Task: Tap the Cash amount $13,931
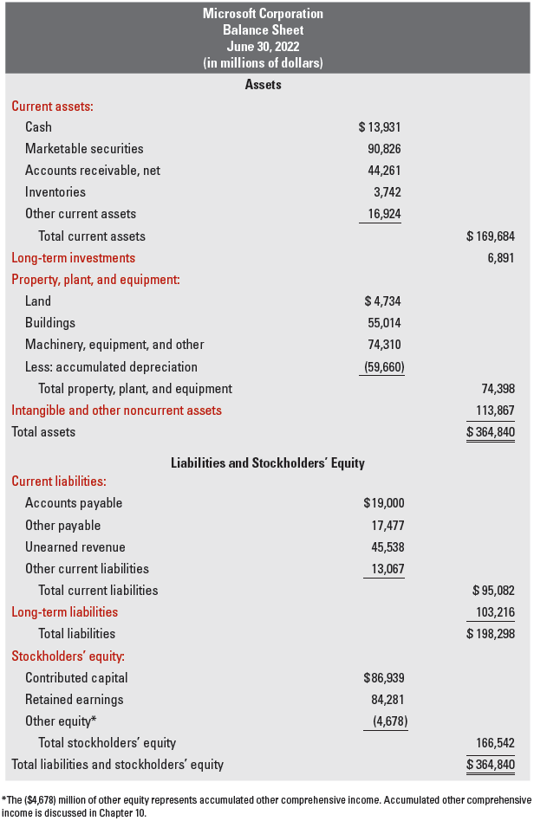[379, 127]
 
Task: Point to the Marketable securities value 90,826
[384, 149]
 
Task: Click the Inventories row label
[55, 192]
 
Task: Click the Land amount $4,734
[382, 301]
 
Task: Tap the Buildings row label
[50, 323]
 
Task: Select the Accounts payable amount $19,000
[383, 503]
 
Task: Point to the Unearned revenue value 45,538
[384, 547]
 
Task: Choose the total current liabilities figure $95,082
[493, 591]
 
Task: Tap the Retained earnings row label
[75, 699]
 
